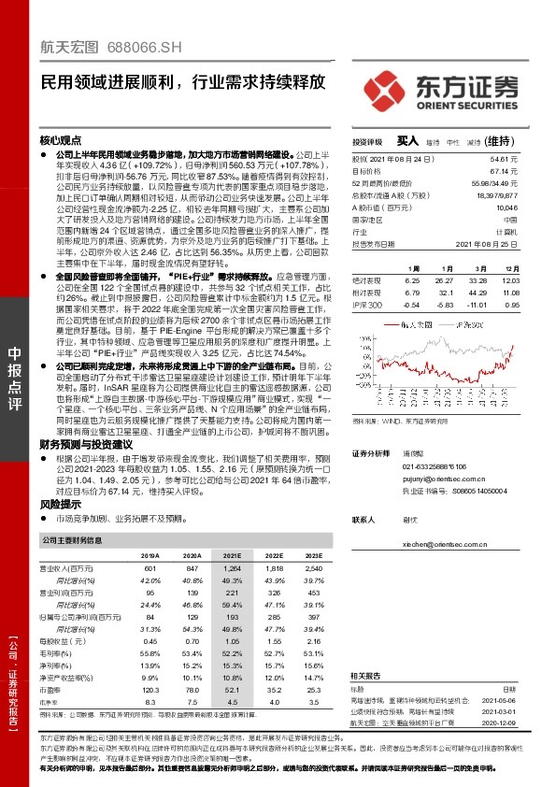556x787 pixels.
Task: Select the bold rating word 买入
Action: pyautogui.click(x=407, y=140)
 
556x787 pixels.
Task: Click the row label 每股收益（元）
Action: pyautogui.click(x=67, y=641)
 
